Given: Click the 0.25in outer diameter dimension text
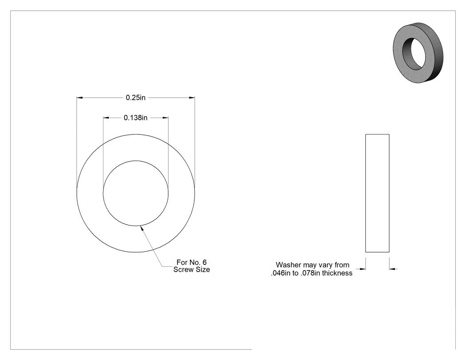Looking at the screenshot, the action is click(x=135, y=98).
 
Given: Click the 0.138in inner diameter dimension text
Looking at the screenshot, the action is click(x=135, y=118).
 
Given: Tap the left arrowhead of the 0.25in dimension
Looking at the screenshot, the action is click(x=79, y=98).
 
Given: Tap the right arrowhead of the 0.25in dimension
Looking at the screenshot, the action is click(x=192, y=98).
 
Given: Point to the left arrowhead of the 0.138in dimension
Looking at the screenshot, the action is click(x=106, y=118).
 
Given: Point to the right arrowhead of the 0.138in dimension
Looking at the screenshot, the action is click(x=165, y=118).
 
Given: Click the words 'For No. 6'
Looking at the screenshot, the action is click(x=191, y=262).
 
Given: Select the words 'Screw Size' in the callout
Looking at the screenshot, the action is click(x=192, y=269).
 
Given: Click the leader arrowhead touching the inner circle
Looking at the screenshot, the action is click(x=142, y=228).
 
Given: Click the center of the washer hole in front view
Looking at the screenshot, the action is click(x=135, y=193).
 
